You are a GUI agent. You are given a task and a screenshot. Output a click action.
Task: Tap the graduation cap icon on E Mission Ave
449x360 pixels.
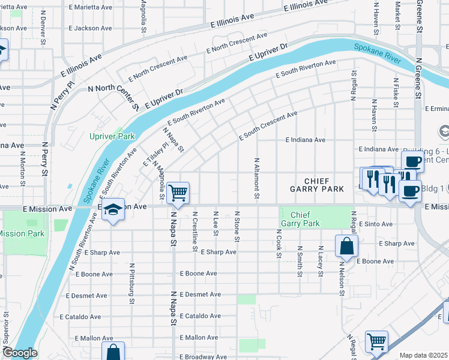click(112, 210)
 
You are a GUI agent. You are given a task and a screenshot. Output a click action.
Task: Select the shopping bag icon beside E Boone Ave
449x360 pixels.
click(347, 247)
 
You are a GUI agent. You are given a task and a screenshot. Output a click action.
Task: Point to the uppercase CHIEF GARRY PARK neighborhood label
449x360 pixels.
click(316, 185)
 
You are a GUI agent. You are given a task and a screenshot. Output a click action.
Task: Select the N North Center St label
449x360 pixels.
click(113, 97)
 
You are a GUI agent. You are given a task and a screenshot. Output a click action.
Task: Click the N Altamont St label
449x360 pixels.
click(257, 179)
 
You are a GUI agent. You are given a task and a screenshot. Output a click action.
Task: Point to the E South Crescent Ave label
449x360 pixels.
click(268, 126)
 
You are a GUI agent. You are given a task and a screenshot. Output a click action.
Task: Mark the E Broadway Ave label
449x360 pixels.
click(202, 356)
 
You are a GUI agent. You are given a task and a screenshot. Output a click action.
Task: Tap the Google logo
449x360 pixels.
click(19, 353)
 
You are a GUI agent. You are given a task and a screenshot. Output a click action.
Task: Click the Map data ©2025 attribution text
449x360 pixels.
click(424, 355)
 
